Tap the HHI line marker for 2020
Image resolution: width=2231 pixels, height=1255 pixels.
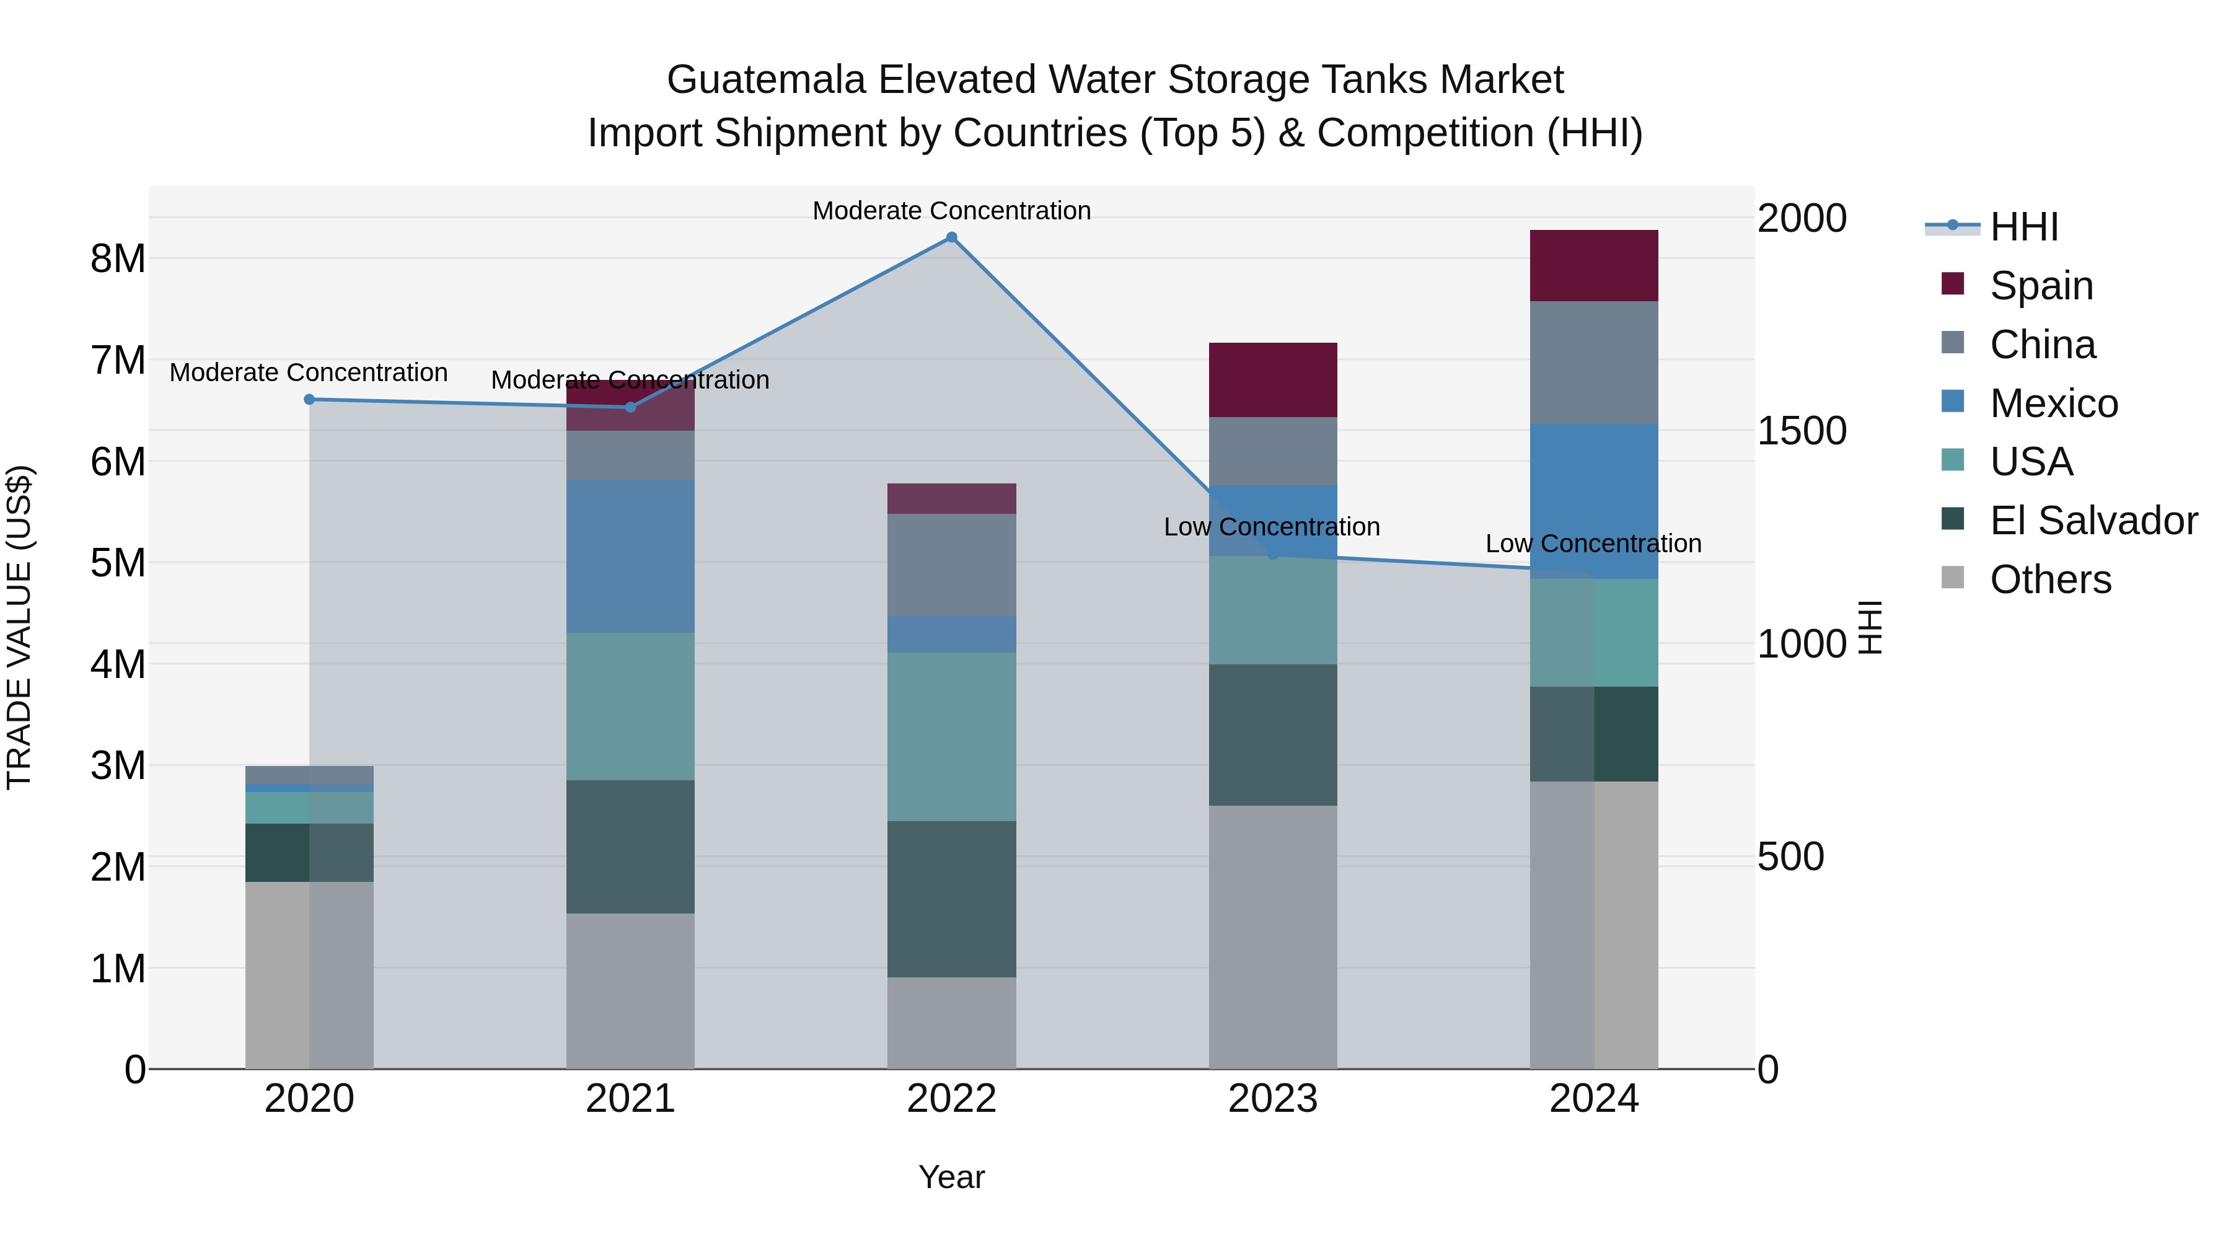[x=309, y=399]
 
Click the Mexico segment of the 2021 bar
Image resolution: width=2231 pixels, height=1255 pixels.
[x=630, y=556]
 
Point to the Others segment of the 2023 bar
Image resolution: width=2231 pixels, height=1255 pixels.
[x=1272, y=936]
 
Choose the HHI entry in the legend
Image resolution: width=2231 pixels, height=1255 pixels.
[x=2023, y=227]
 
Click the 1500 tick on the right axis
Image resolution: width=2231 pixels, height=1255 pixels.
[x=1802, y=431]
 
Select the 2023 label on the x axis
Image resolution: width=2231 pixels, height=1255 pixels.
[x=1272, y=1099]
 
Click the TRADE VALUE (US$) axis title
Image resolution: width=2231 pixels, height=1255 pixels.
[x=19, y=627]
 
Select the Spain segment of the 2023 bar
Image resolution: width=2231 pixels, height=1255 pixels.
[x=1272, y=379]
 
